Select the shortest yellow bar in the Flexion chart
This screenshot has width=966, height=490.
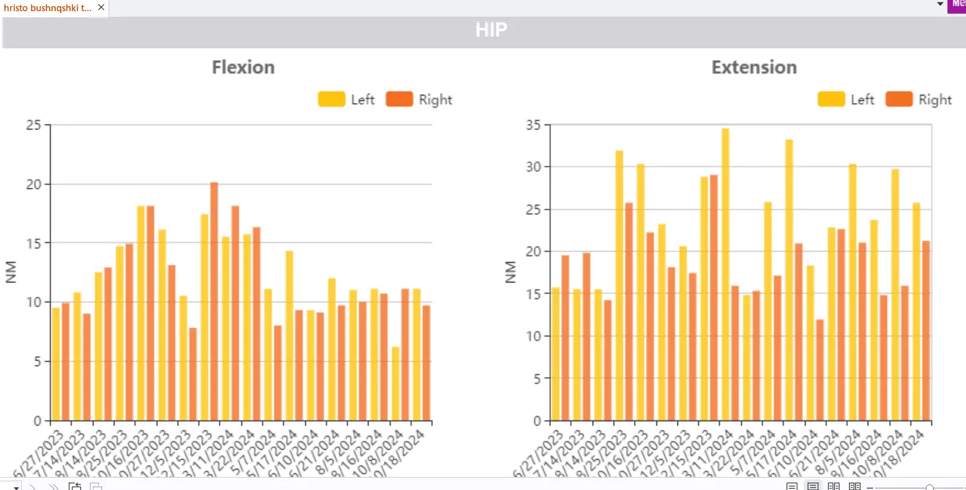pyautogui.click(x=395, y=383)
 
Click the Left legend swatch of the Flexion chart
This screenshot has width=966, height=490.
pyautogui.click(x=331, y=99)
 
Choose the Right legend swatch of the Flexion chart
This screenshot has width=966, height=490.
pyautogui.click(x=399, y=99)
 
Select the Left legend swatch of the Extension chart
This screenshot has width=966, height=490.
pyautogui.click(x=831, y=99)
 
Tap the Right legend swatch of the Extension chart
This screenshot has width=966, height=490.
pyautogui.click(x=899, y=99)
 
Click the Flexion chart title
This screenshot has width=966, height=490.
pyautogui.click(x=243, y=67)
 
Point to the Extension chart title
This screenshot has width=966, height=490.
pyautogui.click(x=754, y=67)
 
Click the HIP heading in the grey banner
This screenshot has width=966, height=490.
pyautogui.click(x=491, y=30)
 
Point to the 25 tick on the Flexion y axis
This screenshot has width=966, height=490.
pyautogui.click(x=33, y=125)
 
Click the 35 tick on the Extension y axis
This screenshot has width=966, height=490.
pyautogui.click(x=533, y=125)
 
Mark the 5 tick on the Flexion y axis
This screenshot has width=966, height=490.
pyautogui.click(x=37, y=362)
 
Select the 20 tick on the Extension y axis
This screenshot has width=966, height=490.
pyautogui.click(x=533, y=252)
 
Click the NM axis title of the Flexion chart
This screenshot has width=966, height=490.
pyautogui.click(x=11, y=273)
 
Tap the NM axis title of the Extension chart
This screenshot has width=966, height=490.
pyautogui.click(x=510, y=273)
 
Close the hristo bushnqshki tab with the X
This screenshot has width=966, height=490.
pyautogui.click(x=101, y=7)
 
